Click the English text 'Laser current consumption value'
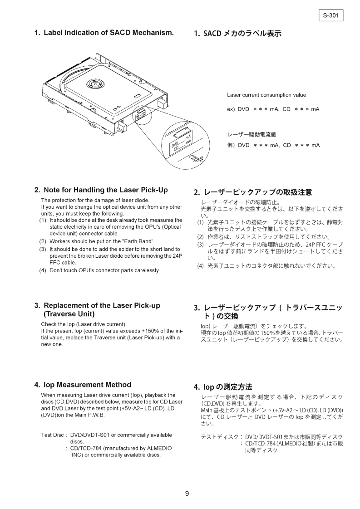pyautogui.click(x=266, y=95)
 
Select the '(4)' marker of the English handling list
pyautogui.click(x=43, y=270)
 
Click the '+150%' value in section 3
pyautogui.click(x=150, y=331)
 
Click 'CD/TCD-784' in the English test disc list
pyautogui.click(x=85, y=448)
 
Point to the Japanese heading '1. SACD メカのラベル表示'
pyautogui.click(x=237, y=34)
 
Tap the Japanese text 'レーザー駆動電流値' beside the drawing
pyautogui.click(x=252, y=135)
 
